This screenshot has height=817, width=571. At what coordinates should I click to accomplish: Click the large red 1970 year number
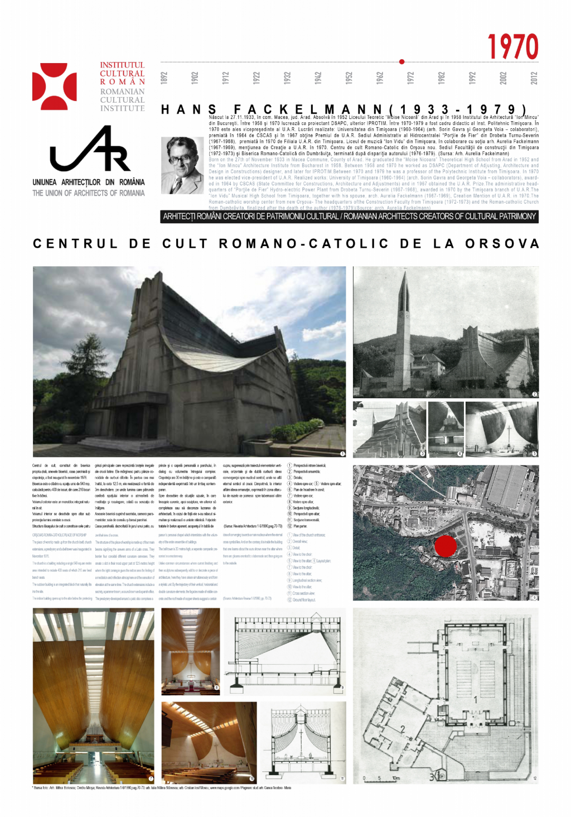coord(512,46)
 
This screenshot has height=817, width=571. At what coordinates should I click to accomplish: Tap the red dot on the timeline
coord(401,62)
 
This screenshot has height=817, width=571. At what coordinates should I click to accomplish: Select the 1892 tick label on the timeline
coord(164,78)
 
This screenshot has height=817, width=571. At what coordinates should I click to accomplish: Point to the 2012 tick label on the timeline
coord(534,78)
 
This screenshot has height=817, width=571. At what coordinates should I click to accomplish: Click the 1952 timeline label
coord(349,78)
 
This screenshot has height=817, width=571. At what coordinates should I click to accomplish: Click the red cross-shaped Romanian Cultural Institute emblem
coord(54,86)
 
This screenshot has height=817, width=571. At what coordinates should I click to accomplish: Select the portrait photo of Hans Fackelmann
coord(182,165)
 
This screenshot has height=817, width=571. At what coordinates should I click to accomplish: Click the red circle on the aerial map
coord(445,546)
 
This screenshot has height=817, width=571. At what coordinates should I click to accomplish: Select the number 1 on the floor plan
coord(475,699)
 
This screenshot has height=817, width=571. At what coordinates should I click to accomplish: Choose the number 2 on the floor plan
coord(403,729)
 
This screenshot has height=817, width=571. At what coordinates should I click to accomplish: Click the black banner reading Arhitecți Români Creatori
coord(349,217)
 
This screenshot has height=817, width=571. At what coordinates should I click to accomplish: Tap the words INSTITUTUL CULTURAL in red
coord(122,69)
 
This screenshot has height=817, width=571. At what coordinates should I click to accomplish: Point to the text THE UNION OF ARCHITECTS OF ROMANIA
coord(88,193)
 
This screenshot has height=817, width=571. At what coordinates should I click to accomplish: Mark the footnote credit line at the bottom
coord(162,788)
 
